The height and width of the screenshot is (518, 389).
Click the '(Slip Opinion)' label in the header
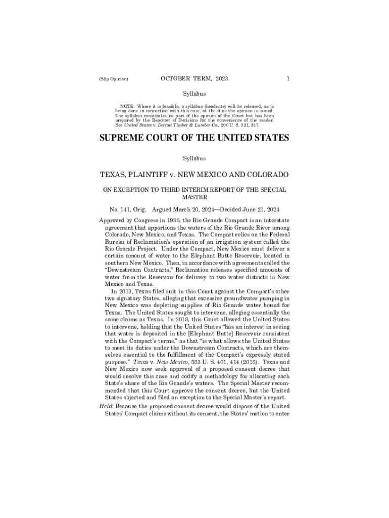point(114,79)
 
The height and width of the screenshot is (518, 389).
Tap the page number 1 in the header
point(287,79)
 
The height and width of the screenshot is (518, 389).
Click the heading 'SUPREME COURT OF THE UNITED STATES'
point(194,138)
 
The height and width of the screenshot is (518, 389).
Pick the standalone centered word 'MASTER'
point(194,198)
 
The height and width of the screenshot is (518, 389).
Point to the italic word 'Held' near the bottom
point(106,412)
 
